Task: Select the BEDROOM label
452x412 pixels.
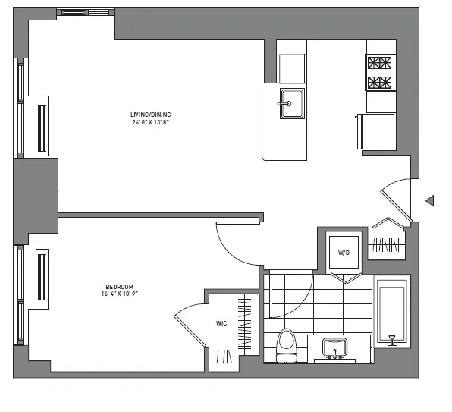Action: pos(120,286)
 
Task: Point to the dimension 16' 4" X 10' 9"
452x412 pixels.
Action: pos(120,294)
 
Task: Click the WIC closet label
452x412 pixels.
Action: pos(221,323)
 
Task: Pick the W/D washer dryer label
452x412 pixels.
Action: pos(343,252)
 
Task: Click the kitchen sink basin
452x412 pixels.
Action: pos(291,105)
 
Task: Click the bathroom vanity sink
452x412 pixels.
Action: pos(334,348)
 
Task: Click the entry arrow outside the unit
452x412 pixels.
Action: pos(429,201)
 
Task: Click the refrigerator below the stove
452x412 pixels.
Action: pos(377,131)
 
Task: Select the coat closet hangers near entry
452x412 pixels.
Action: pos(387,244)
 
